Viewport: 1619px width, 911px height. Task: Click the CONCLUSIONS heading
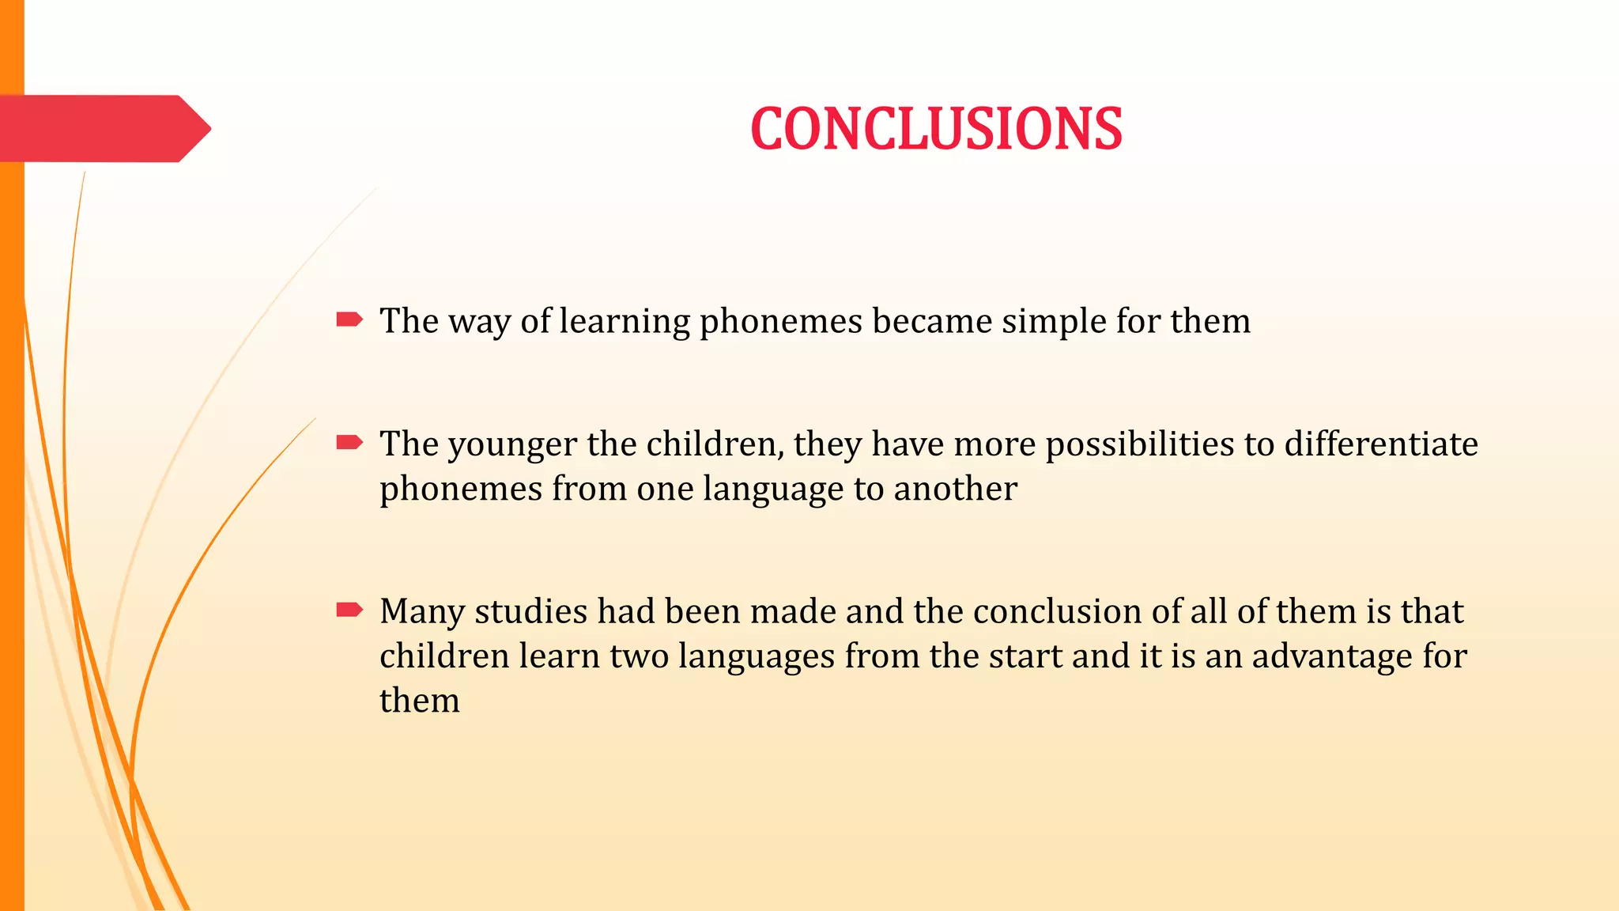tap(936, 129)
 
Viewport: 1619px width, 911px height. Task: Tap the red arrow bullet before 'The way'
tap(349, 319)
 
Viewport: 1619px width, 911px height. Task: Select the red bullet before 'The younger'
tap(349, 443)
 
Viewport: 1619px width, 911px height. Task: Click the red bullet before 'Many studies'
tap(349, 610)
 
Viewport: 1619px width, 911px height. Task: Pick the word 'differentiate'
tap(1381, 444)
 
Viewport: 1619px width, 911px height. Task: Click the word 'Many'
tap(422, 612)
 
